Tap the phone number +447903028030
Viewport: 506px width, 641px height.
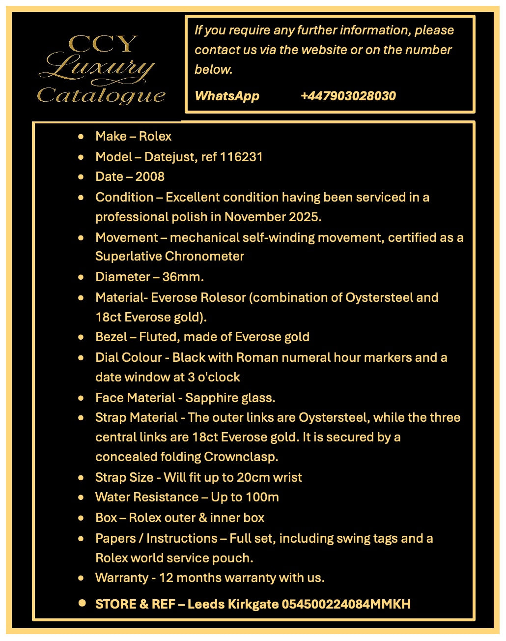[x=348, y=96]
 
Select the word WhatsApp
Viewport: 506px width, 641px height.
[x=227, y=96]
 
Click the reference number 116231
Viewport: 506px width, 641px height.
[x=241, y=157]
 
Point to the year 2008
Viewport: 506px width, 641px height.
[x=150, y=176]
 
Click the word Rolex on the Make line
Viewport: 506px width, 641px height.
[x=155, y=136]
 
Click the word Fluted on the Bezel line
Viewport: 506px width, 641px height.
[x=158, y=337]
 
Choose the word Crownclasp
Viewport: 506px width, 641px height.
[x=241, y=457]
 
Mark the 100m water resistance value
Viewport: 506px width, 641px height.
[x=262, y=497]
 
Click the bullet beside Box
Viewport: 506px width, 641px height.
[x=81, y=518]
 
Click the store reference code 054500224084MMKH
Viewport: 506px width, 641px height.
[x=346, y=604]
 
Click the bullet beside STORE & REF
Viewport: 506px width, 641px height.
[x=82, y=603]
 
